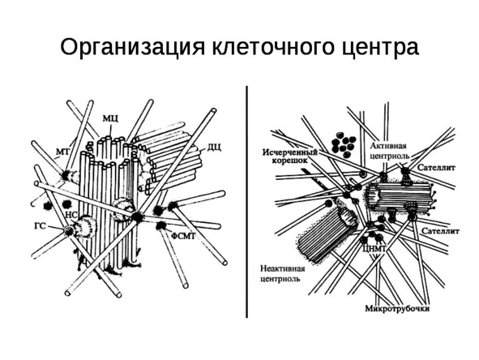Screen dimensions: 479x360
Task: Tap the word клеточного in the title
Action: pyautogui.click(x=272, y=46)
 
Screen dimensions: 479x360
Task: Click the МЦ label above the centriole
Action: pyautogui.click(x=110, y=118)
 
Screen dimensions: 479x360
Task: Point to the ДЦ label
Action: pyautogui.click(x=215, y=147)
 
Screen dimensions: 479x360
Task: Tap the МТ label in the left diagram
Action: pyautogui.click(x=63, y=151)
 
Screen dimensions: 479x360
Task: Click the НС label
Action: pyautogui.click(x=72, y=215)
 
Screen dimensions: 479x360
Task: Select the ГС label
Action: pyautogui.click(x=40, y=226)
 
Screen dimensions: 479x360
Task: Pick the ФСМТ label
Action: pyautogui.click(x=183, y=236)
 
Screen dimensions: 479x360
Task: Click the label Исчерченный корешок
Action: pyautogui.click(x=290, y=156)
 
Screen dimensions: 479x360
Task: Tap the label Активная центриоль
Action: pyautogui.click(x=390, y=151)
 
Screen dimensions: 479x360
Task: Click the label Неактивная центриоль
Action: pyautogui.click(x=283, y=274)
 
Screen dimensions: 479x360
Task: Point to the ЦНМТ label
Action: pyautogui.click(x=374, y=247)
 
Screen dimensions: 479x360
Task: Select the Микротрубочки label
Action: pyautogui.click(x=397, y=309)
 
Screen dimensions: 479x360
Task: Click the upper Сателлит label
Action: pyautogui.click(x=436, y=168)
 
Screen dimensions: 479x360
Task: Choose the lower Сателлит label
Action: pyautogui.click(x=440, y=231)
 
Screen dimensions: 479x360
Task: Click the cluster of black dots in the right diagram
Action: pyautogui.click(x=344, y=144)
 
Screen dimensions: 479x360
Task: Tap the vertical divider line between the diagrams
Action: pyautogui.click(x=247, y=202)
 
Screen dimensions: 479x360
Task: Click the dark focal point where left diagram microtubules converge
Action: pyautogui.click(x=136, y=216)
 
